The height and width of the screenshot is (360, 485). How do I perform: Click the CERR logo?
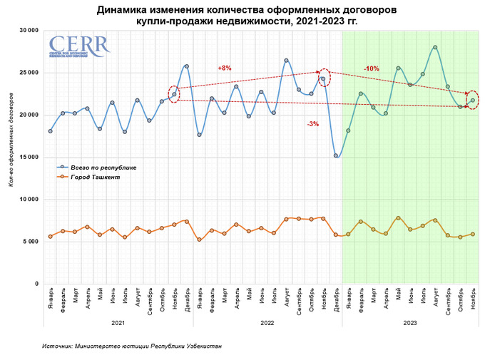coord(79,46)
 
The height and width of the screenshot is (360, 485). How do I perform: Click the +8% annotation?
coord(225,68)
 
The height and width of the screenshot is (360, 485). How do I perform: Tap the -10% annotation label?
coord(371,68)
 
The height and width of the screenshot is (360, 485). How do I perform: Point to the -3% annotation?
coord(313,124)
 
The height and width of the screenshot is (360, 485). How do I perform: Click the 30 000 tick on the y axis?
coord(28,31)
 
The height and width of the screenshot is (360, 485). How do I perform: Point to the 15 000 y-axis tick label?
coord(28,157)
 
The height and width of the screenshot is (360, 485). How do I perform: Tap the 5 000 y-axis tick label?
coord(30,242)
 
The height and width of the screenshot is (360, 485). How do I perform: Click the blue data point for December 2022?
coord(336,155)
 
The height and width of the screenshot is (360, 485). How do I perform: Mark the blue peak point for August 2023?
coord(435,47)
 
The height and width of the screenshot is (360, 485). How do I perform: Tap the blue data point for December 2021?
coord(187,66)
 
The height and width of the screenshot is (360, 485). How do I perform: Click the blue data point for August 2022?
coord(286,61)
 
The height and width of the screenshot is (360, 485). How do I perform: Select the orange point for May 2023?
coord(398,217)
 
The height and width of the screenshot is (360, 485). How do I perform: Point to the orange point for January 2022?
coord(199,240)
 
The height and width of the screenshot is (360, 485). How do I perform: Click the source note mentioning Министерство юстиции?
coord(131,346)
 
